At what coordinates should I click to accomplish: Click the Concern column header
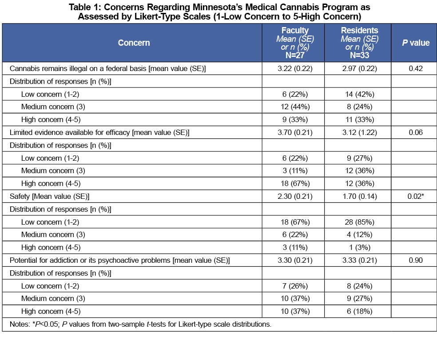coord(134,43)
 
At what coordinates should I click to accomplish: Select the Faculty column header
coord(295,43)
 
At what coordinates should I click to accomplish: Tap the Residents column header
coord(360,43)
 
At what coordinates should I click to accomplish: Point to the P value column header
coord(416,43)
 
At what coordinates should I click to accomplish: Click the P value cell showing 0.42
coord(416,68)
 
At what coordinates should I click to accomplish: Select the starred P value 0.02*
coord(416,196)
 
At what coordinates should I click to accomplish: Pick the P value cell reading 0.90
coord(416,260)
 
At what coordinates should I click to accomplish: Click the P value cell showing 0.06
coord(416,132)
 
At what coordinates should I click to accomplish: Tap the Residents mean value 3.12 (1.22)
coord(360,132)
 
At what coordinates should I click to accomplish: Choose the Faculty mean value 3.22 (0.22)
coord(295,68)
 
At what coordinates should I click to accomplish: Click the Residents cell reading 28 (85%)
coord(360,222)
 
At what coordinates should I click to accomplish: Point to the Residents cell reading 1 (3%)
coord(360,247)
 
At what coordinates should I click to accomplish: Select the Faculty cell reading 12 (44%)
coord(295,107)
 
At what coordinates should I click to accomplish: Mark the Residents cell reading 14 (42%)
coord(360,94)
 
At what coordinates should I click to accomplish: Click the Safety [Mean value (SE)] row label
coord(49,197)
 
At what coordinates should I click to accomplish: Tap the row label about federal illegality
coord(107,68)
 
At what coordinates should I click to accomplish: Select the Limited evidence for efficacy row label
coord(99,132)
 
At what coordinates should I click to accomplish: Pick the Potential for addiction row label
coord(119,260)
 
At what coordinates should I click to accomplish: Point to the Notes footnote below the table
coord(140,324)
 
